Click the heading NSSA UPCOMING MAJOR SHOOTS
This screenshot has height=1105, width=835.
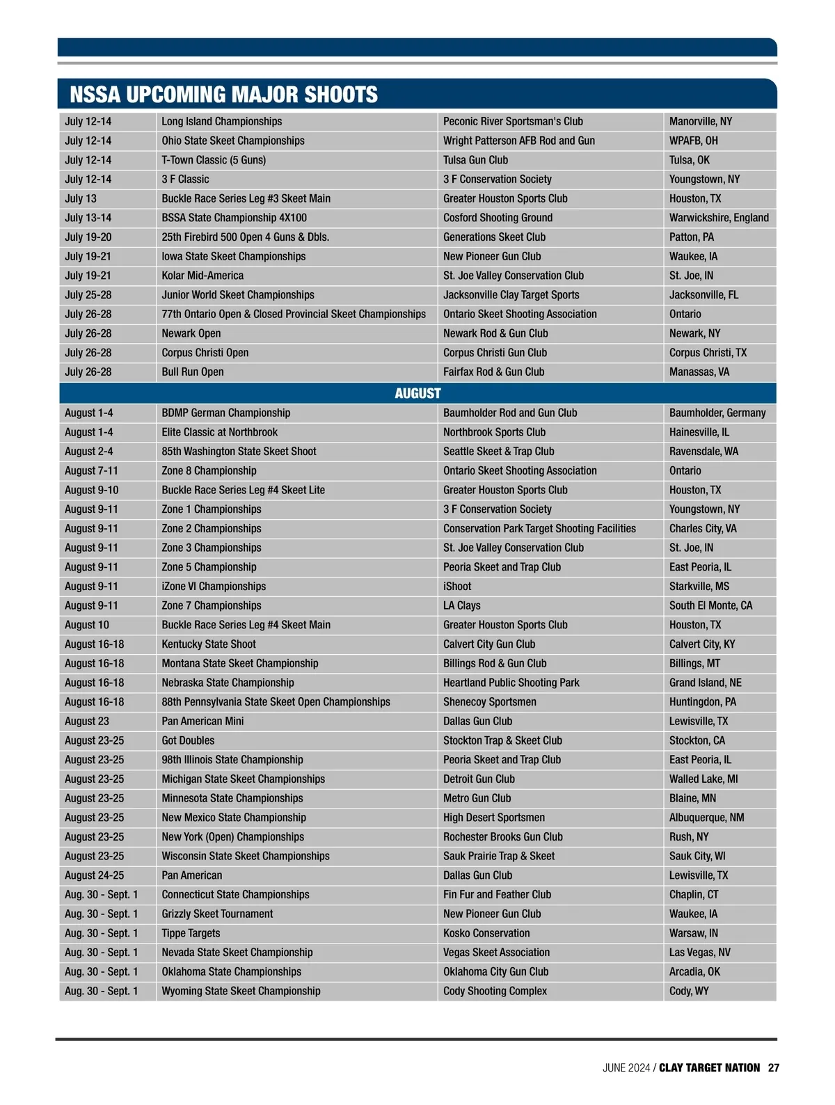coord(223,95)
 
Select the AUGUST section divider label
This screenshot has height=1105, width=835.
coord(417,393)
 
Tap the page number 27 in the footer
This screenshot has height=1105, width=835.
coord(774,1067)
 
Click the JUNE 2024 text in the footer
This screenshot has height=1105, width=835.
coord(626,1067)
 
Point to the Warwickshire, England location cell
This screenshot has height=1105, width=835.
coord(719,218)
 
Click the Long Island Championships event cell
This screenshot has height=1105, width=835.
coord(222,121)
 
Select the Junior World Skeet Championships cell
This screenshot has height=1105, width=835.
coord(238,295)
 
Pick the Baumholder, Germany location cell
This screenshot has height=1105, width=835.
coord(717,413)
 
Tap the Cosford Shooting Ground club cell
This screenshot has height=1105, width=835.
coord(498,218)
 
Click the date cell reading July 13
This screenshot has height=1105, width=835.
coord(81,198)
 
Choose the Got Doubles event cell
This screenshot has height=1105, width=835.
coord(188,740)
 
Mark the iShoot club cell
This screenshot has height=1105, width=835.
coord(457,587)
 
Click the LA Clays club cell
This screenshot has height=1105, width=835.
coord(462,605)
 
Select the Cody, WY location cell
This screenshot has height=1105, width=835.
coord(689,991)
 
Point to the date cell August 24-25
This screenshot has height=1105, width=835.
coord(95,875)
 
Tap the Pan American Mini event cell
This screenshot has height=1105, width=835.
coord(202,721)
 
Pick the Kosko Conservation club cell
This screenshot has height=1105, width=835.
coord(486,933)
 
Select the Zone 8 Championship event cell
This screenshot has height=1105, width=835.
coord(209,470)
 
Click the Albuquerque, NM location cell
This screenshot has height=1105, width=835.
coord(706,818)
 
